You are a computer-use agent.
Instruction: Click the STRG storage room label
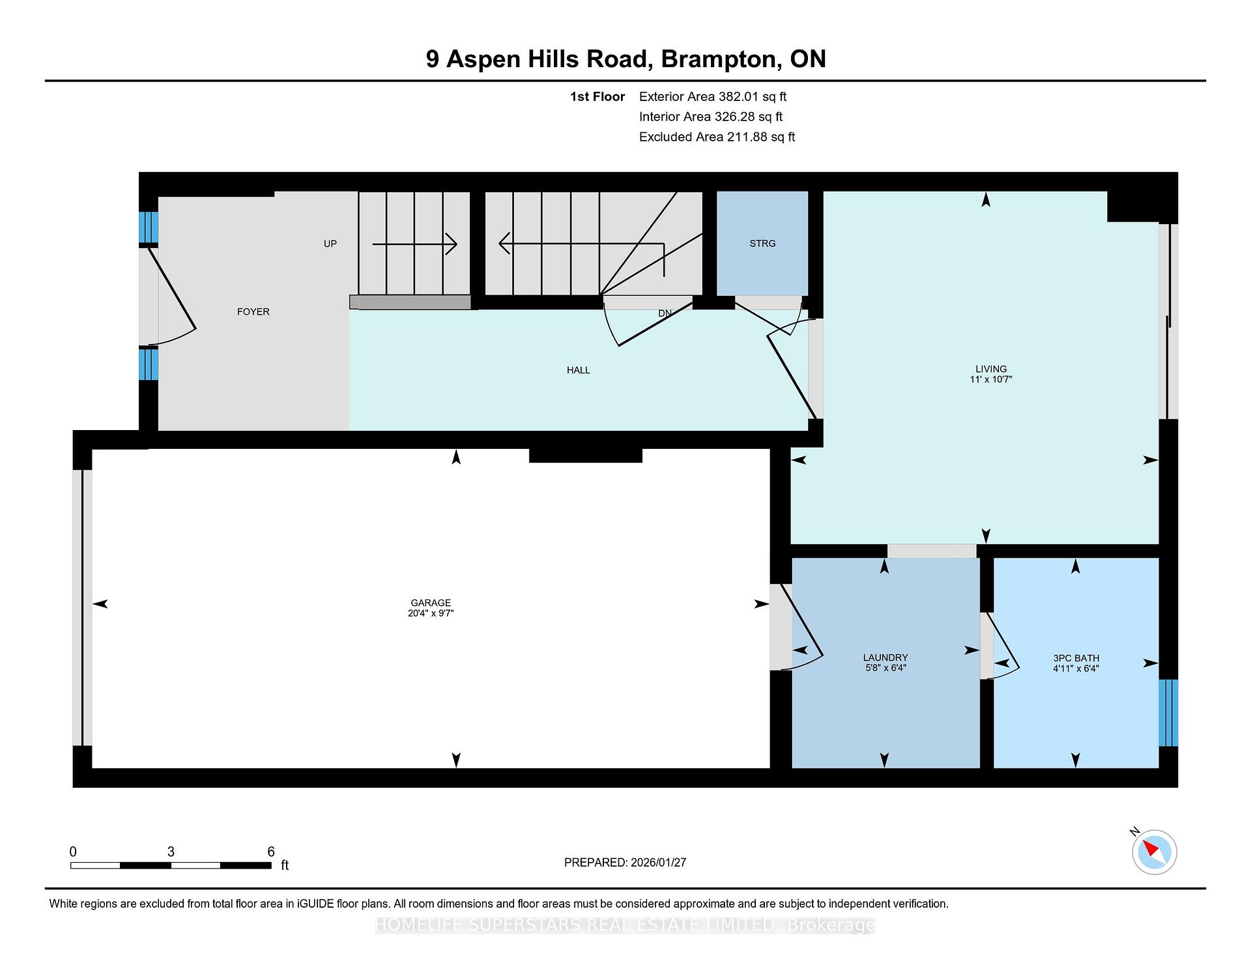click(x=762, y=244)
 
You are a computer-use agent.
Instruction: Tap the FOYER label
click(x=253, y=312)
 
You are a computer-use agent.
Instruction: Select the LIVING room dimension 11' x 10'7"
click(x=990, y=379)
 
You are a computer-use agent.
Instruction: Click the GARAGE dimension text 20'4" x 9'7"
click(x=431, y=613)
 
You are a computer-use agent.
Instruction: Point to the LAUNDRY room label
click(x=885, y=657)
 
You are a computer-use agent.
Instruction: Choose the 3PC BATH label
click(x=1076, y=658)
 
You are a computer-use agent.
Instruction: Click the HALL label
click(x=578, y=370)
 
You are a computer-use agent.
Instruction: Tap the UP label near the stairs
click(x=330, y=244)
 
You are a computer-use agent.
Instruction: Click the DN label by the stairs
click(x=665, y=313)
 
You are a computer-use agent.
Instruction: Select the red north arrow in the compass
click(x=1149, y=848)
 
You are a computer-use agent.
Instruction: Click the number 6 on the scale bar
click(x=271, y=852)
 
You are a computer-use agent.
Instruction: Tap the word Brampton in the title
click(x=720, y=59)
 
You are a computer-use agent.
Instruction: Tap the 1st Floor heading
click(x=597, y=97)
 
